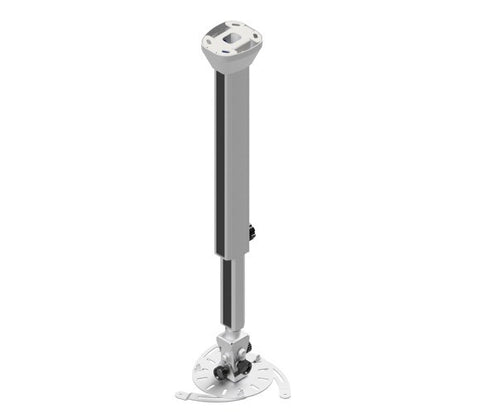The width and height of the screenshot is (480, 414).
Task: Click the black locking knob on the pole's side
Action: pyautogui.click(x=252, y=232)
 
